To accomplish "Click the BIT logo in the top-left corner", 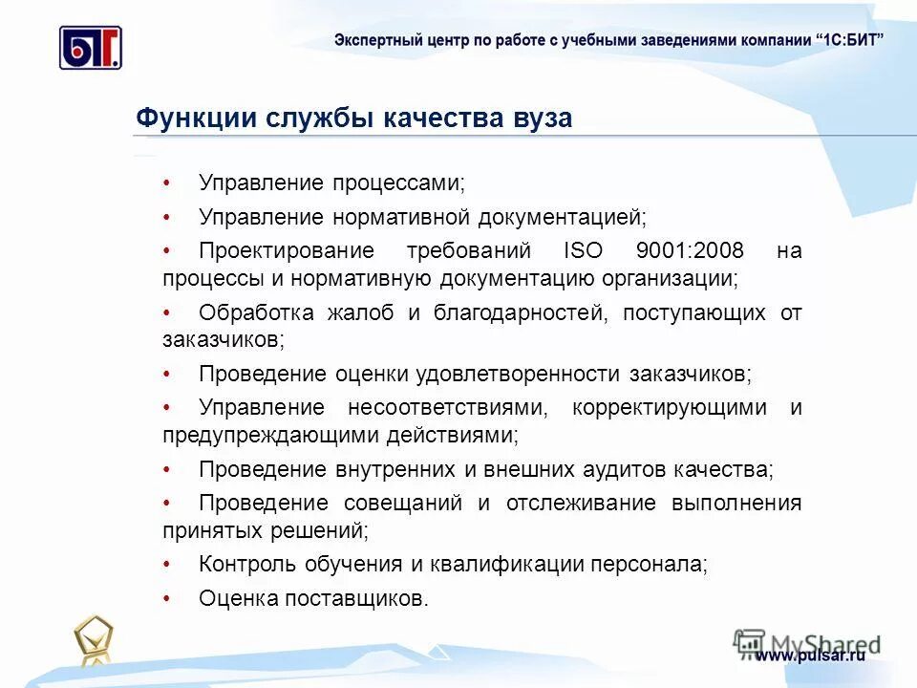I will [91, 47].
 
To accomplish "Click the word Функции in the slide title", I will [195, 118].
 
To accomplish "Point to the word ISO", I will [583, 251].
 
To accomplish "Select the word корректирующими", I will [670, 408].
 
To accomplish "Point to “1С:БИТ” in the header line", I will [851, 39].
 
